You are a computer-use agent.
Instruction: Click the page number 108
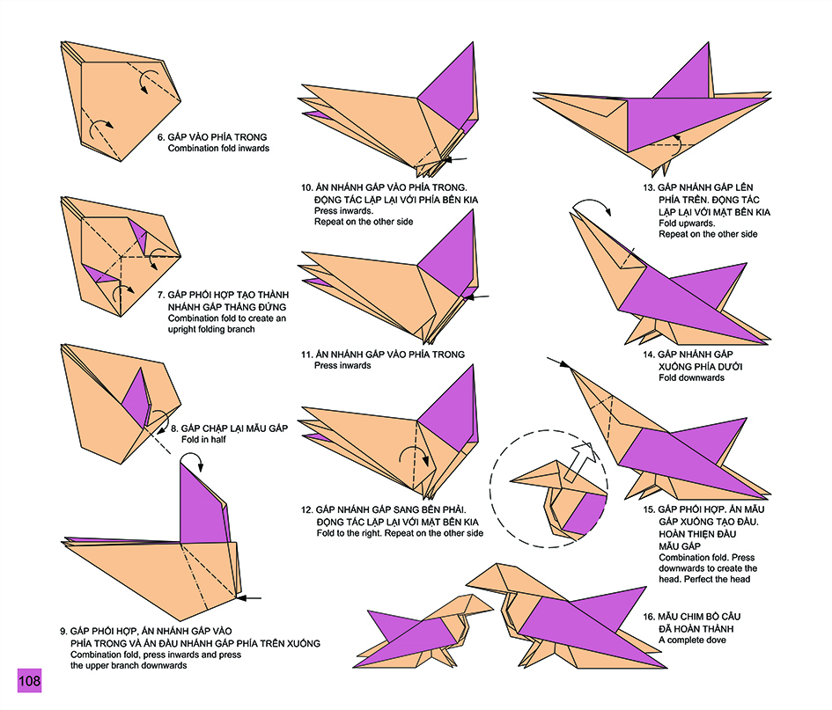[x=28, y=681]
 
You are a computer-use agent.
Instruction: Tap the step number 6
[x=160, y=137]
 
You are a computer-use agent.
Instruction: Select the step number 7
[x=160, y=295]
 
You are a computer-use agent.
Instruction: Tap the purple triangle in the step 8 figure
[x=136, y=392]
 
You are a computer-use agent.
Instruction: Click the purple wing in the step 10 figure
[x=448, y=97]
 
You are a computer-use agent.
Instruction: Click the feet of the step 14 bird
[x=645, y=334]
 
